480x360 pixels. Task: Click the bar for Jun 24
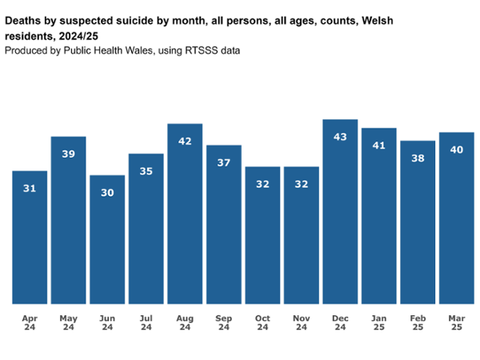pos(107,240)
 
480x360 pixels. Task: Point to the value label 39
pos(69,154)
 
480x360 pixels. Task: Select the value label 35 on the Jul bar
pos(146,171)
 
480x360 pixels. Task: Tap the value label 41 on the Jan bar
pos(378,146)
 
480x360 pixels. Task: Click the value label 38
pos(418,158)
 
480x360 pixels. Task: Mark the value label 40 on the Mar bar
pos(456,150)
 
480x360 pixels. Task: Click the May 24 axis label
pos(69,322)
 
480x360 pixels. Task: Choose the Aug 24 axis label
pos(185,322)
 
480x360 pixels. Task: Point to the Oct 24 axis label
pos(262,322)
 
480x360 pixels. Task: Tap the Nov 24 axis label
pos(301,322)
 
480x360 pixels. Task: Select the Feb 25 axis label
pos(418,322)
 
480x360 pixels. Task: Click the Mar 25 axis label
pos(456,322)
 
